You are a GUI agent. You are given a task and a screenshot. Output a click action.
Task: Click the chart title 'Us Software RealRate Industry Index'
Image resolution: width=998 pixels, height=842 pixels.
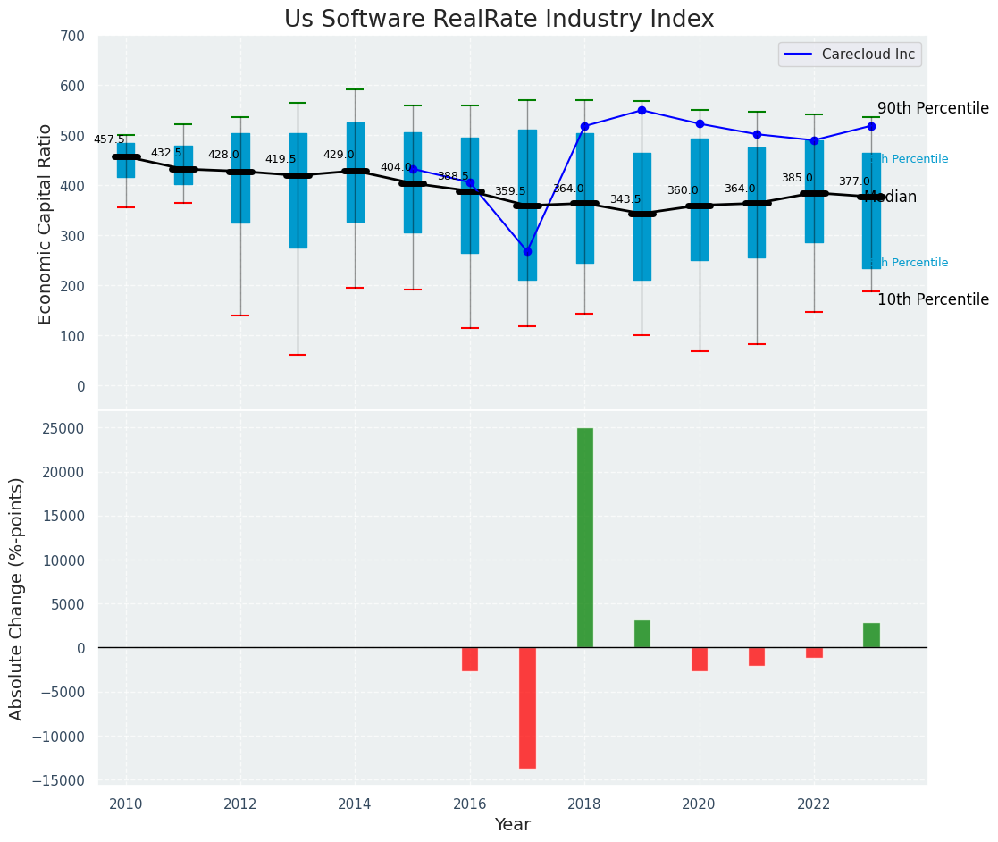point(499,20)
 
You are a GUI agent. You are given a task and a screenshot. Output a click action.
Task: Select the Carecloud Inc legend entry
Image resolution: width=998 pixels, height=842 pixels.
point(850,55)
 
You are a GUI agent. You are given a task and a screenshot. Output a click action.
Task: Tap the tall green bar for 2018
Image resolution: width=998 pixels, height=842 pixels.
point(585,537)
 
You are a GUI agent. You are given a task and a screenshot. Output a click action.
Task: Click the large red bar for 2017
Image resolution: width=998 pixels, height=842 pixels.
point(527,707)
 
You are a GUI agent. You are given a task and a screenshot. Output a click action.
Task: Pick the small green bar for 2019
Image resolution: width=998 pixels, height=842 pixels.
point(642,634)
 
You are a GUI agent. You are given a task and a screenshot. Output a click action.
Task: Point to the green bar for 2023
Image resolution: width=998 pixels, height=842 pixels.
point(871,635)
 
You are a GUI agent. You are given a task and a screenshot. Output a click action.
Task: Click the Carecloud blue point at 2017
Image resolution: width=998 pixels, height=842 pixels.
point(527,251)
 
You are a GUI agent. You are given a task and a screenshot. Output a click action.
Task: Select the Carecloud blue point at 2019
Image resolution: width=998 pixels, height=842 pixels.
point(642,110)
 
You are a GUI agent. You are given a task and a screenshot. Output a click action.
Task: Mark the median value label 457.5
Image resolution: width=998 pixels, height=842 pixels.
point(109,140)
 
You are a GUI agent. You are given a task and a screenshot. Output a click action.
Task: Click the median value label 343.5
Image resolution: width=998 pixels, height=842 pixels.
point(625,200)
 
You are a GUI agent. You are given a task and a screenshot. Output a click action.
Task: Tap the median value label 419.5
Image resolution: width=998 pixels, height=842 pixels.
point(281,160)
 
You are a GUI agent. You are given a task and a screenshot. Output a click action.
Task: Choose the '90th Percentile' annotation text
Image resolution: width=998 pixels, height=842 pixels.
point(933,109)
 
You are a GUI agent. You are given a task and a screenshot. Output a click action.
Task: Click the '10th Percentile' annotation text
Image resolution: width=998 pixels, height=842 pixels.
point(933,300)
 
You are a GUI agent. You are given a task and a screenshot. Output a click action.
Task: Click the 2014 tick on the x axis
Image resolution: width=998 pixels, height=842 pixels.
point(355,804)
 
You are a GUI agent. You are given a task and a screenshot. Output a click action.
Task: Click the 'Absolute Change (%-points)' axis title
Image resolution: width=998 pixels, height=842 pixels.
point(17,598)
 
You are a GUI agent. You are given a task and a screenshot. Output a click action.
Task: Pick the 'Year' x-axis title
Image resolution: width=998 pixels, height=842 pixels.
point(512,825)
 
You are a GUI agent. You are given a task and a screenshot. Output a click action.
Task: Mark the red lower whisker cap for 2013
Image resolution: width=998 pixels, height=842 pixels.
point(298,355)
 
